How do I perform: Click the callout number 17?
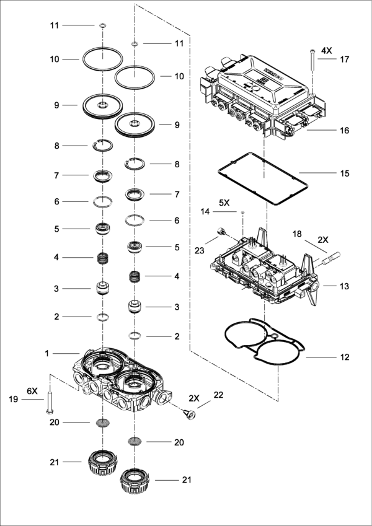(x=345, y=59)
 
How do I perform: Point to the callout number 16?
(x=345, y=131)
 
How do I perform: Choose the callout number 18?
(x=297, y=235)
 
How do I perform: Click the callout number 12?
(x=345, y=357)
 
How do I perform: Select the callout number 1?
(x=46, y=353)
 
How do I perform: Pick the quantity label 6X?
(x=32, y=392)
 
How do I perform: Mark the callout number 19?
(x=12, y=400)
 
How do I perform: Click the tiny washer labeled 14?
(x=242, y=212)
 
